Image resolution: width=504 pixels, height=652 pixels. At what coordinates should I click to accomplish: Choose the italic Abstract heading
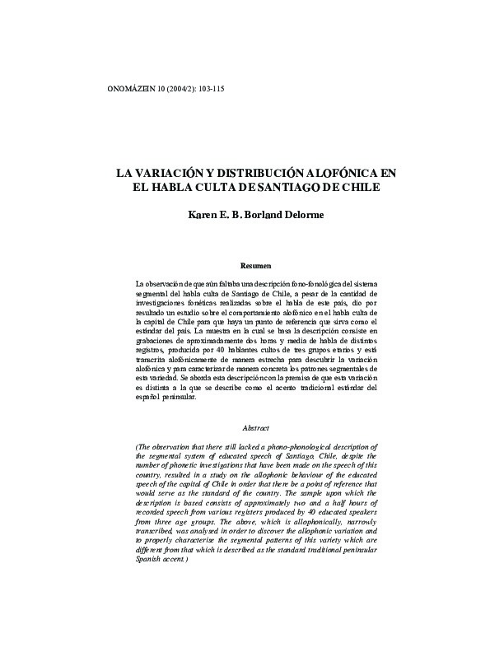255,428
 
